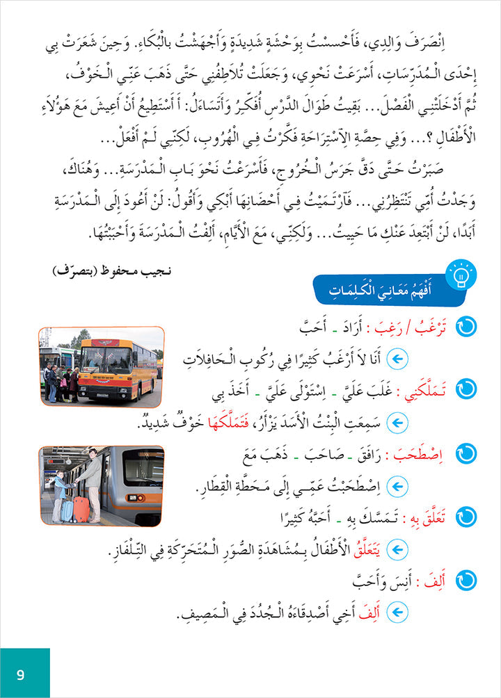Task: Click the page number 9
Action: pyautogui.click(x=20, y=673)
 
